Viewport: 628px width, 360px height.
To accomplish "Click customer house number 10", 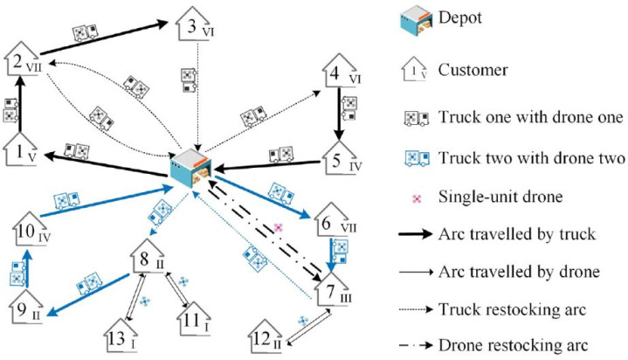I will coord(30,231).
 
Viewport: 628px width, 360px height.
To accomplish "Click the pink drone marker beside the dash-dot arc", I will coord(278,227).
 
